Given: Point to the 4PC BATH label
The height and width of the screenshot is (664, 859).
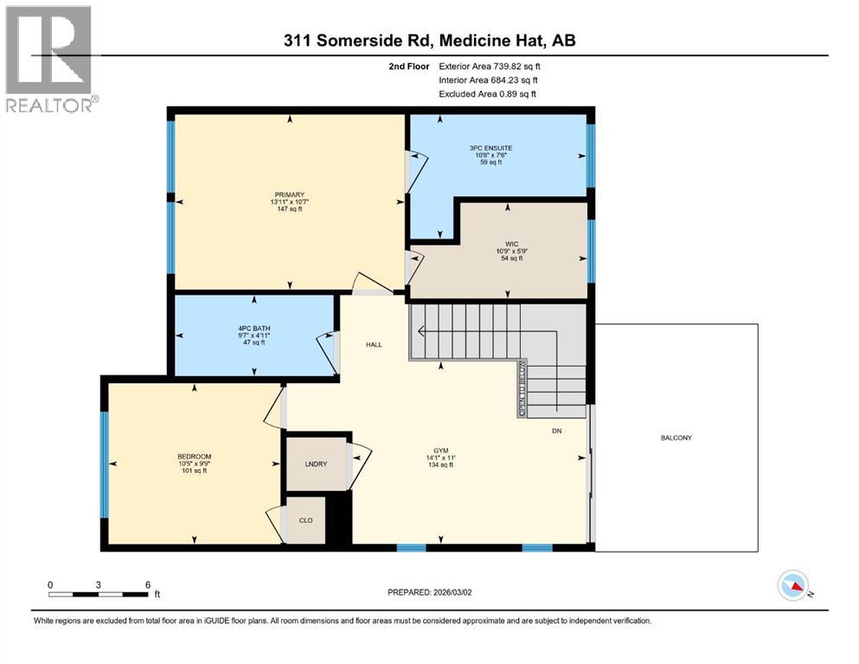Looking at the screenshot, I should [253, 329].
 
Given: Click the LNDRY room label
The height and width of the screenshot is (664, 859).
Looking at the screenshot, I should [316, 464].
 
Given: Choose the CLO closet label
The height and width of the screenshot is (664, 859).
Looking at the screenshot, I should [305, 520].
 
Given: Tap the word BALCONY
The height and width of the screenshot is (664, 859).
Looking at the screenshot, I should [676, 437].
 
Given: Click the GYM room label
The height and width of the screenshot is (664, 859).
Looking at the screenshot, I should [441, 450].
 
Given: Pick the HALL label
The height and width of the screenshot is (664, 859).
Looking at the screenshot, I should [374, 344].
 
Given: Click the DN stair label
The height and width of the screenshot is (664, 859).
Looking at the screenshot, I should [558, 431].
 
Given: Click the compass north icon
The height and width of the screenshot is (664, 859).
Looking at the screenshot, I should [793, 586].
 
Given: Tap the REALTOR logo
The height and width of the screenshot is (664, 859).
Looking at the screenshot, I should [50, 59].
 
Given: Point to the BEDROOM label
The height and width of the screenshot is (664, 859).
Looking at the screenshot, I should [194, 456].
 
